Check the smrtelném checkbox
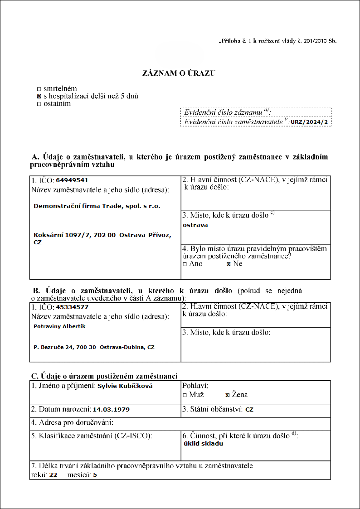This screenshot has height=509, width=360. (39, 89)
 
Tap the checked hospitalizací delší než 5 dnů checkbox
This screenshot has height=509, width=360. (39, 97)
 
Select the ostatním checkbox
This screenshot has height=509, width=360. (39, 104)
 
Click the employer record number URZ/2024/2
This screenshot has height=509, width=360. (309, 122)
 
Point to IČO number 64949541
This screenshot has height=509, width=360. (72, 180)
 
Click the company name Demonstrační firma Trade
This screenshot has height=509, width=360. (97, 206)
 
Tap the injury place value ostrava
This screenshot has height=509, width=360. (195, 225)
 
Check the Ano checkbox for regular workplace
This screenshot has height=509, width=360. (185, 264)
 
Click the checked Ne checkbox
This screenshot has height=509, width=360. (229, 264)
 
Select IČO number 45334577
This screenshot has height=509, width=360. (72, 307)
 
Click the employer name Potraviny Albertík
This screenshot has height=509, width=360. (60, 326)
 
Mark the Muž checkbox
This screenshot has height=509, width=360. (185, 395)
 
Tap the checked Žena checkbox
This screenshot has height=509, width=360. (228, 395)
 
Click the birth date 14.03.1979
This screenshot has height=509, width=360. (111, 409)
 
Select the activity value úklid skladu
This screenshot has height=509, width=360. (203, 444)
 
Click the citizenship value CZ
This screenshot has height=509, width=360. (249, 409)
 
